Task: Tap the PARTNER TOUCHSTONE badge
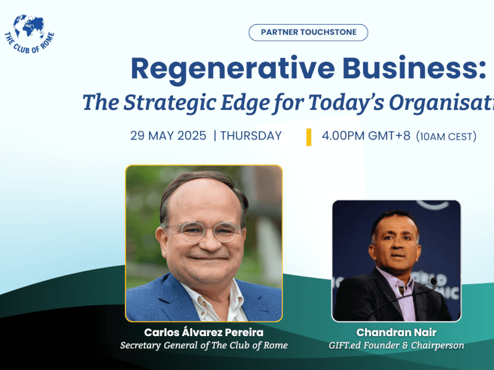pos(308,33)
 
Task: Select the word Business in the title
pos(417,69)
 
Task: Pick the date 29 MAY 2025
pos(168,136)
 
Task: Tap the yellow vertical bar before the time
pos(309,137)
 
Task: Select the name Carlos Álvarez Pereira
pos(204,333)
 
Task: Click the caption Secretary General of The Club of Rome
pos(204,345)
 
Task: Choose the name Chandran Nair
pos(396,333)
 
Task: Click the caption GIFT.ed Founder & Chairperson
pos(396,345)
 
